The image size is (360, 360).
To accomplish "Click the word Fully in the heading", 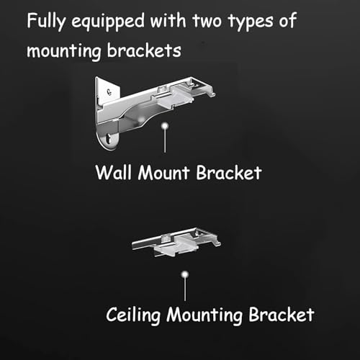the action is point(45,22).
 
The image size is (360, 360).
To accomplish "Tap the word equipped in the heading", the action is point(108,22).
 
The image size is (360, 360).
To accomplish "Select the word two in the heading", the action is point(207,21).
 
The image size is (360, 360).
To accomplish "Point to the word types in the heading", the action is point(251,22).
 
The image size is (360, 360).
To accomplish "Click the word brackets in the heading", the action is point(144,50).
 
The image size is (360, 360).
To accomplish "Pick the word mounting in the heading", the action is point(64,51).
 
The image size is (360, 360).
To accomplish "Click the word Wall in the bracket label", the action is point(114,172).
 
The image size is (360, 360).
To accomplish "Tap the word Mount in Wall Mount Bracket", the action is point(164,172).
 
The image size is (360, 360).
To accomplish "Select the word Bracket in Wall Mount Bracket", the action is point(229,172).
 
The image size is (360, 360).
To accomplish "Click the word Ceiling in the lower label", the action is point(133,315).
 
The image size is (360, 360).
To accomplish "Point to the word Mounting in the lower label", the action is point(204,315).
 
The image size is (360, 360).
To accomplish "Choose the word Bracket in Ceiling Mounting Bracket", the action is point(282,315).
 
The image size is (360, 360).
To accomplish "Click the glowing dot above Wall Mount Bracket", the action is point(165,126).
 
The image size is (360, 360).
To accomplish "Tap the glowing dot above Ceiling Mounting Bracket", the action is point(185,274).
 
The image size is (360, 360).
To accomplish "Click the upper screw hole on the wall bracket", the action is point(109,91).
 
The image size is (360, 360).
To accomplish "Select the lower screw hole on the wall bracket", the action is point(109,139).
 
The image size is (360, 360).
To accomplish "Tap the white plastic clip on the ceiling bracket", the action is point(177,247).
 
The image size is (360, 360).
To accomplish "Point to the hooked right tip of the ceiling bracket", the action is point(218,243).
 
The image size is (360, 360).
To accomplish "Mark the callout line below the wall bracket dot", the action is point(165,141).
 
